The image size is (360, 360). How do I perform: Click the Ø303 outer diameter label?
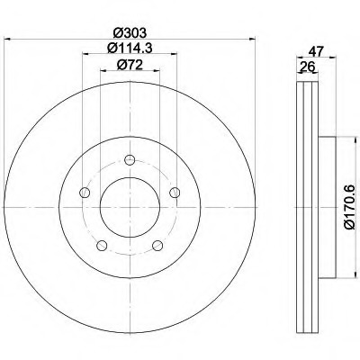click(130, 32)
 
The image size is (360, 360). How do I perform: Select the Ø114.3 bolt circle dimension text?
click(130, 48)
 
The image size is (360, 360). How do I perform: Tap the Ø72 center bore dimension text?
click(130, 65)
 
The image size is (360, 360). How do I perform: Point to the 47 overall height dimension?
click(317, 52)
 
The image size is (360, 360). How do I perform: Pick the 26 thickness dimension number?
click(307, 67)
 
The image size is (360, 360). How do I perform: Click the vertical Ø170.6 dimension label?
click(349, 208)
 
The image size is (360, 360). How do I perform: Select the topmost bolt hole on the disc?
click(130, 160)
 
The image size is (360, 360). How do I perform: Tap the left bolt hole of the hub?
click(85, 193)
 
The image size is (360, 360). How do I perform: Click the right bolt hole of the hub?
click(175, 193)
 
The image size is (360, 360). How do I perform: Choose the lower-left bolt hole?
click(102, 246)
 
